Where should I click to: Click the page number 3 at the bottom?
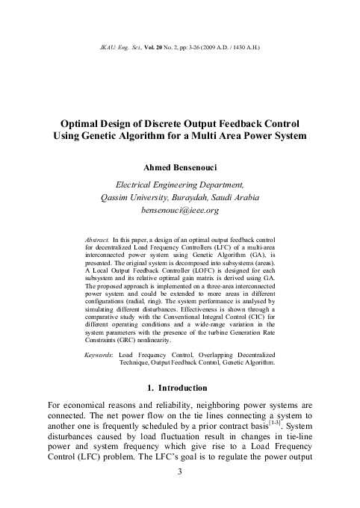180,494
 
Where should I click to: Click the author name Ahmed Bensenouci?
180,166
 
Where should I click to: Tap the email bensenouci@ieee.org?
180,211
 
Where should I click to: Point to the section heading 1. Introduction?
180,388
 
